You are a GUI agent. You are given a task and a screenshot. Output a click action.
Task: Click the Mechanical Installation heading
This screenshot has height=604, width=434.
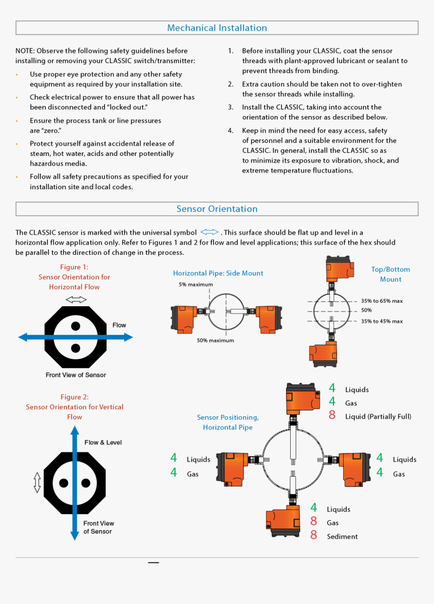[x=217, y=28]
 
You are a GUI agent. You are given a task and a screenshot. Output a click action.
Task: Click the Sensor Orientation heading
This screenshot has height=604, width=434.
[x=217, y=209]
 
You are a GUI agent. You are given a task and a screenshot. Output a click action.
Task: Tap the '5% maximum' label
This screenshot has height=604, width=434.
[x=196, y=285]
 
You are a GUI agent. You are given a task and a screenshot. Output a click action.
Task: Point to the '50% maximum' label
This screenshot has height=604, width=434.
[x=215, y=341]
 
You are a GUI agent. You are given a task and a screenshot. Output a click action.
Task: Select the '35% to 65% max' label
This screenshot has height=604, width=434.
[x=382, y=301]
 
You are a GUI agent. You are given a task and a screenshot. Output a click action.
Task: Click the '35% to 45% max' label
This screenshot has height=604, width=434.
[x=382, y=321]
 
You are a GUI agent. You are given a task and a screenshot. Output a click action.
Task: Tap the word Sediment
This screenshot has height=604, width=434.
[x=342, y=537]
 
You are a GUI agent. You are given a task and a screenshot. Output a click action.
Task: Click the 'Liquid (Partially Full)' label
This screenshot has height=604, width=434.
[x=378, y=417]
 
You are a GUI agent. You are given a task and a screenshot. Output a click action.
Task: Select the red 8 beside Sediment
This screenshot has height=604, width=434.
[x=314, y=535]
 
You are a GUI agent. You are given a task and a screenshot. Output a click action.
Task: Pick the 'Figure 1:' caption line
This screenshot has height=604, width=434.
[x=74, y=267]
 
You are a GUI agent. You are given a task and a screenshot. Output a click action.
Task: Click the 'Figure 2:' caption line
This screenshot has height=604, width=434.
[x=75, y=397]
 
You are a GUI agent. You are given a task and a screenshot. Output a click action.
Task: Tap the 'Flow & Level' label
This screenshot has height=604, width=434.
[x=103, y=443]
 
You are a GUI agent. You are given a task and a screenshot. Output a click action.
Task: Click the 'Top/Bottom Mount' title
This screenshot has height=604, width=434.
[x=391, y=274]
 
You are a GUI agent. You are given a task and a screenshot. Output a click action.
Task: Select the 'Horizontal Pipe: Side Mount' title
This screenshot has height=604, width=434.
[x=218, y=273]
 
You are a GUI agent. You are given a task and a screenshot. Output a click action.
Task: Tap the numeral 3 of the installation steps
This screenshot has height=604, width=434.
[x=230, y=107]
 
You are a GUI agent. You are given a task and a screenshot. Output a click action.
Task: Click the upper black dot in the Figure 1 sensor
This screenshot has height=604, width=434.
[x=76, y=326]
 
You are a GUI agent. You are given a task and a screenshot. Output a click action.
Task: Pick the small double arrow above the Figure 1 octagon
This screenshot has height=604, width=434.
[x=76, y=300]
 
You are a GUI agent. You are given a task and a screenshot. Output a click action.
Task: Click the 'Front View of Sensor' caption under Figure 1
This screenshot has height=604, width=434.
[x=76, y=375]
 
